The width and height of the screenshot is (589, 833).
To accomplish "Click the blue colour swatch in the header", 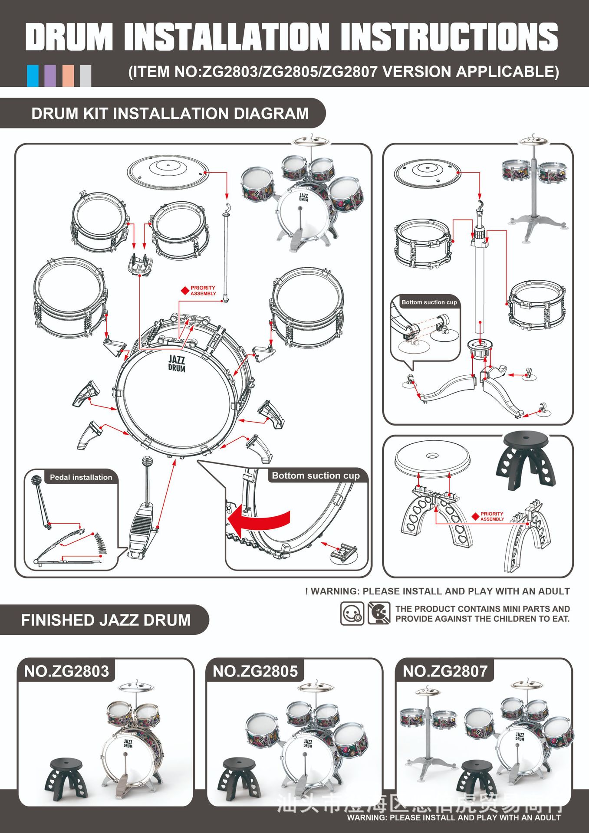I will click(x=33, y=76).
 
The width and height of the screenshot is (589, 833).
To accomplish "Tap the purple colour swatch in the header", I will click(x=50, y=76).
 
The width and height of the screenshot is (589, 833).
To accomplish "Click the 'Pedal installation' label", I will click(x=81, y=477).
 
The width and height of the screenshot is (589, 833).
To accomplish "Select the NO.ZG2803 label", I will click(x=66, y=671).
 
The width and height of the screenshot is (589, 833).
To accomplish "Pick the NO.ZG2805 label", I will click(x=255, y=671).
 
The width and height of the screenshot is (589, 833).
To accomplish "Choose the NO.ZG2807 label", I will click(x=445, y=671).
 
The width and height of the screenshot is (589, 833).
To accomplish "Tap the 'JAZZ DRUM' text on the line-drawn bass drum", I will click(x=177, y=364).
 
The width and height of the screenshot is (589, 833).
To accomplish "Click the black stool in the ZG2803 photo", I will click(x=66, y=778).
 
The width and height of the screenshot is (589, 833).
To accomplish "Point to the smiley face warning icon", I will click(x=352, y=613).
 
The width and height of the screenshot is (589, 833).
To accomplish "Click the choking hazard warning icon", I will click(x=378, y=613).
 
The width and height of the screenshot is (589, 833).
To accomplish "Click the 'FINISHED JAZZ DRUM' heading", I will click(x=106, y=620).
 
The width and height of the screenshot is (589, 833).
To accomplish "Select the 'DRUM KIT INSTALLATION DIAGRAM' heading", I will click(x=170, y=114).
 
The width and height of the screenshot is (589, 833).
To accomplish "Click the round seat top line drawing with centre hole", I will click(x=432, y=457).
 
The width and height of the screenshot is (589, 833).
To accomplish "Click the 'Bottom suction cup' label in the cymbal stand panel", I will click(x=429, y=302).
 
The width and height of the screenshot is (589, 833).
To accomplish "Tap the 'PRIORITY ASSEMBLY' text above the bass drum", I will click(x=203, y=291).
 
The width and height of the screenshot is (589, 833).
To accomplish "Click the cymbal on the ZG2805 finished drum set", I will click(x=315, y=686).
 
